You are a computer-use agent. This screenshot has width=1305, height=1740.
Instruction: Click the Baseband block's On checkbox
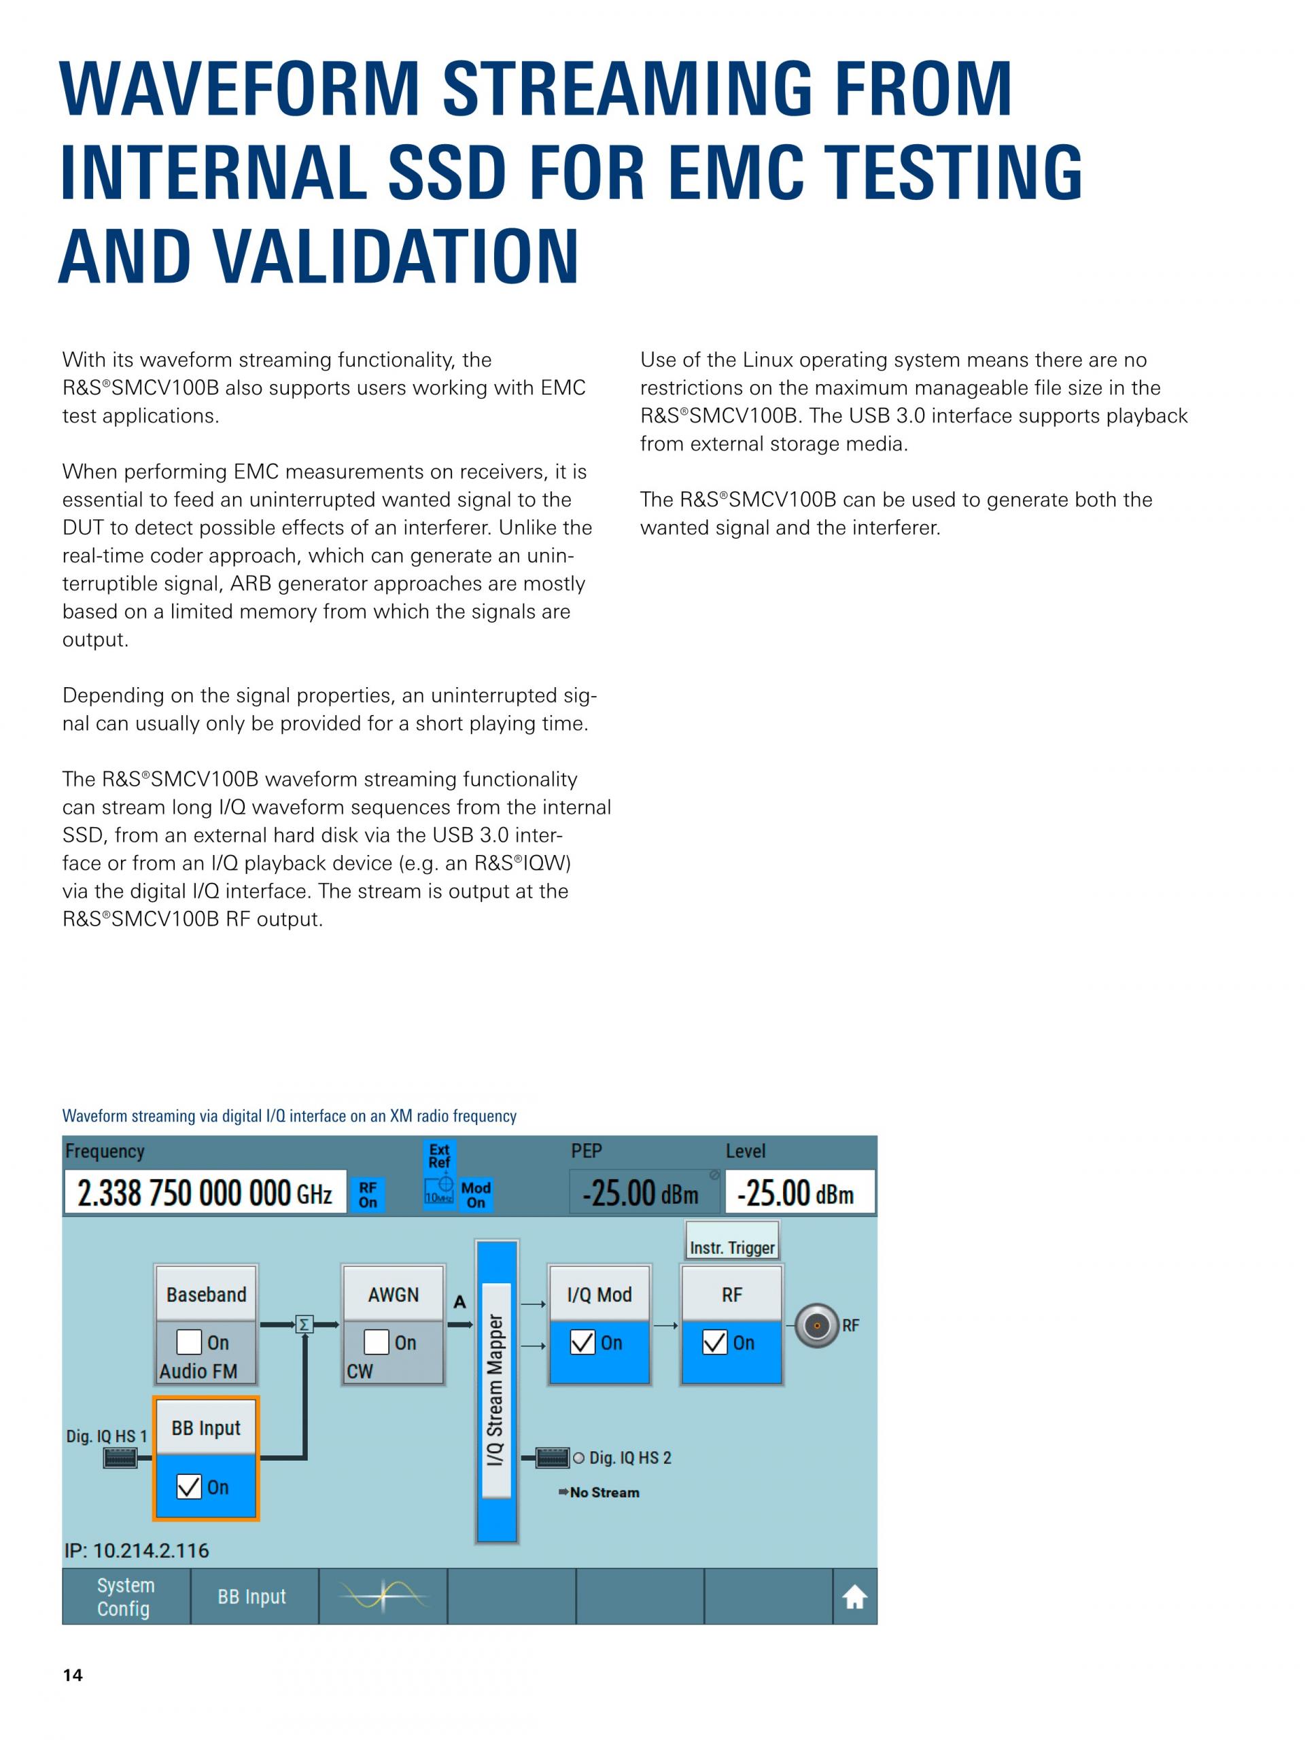coord(190,1342)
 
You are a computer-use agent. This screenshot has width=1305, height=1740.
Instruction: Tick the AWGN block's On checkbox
coord(377,1342)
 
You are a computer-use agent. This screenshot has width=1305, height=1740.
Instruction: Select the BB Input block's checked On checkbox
coord(190,1486)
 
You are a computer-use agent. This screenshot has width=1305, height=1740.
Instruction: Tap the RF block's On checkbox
coord(715,1342)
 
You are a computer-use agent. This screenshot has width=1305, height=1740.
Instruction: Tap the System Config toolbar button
coord(126,1597)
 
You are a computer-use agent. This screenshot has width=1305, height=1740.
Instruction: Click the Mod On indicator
coord(476,1195)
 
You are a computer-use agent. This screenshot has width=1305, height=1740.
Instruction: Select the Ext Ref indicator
coord(439,1156)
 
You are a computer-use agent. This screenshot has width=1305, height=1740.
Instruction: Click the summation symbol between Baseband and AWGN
coord(304,1325)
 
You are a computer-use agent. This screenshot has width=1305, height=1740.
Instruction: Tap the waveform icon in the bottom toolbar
coord(384,1597)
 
